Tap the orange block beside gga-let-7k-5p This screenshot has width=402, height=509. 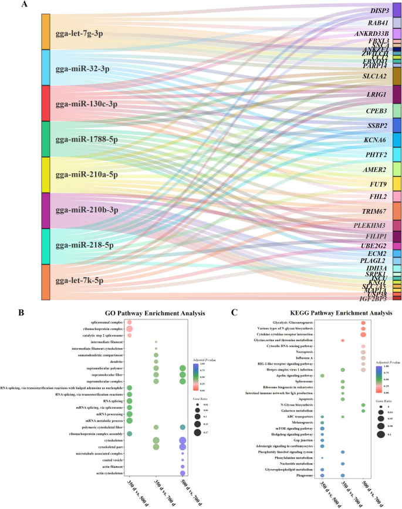pos(46,282)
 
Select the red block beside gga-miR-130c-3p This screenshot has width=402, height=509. pos(46,103)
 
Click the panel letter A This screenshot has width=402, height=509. pos(23,5)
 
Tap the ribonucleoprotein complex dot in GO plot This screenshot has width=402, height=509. pos(130,329)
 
